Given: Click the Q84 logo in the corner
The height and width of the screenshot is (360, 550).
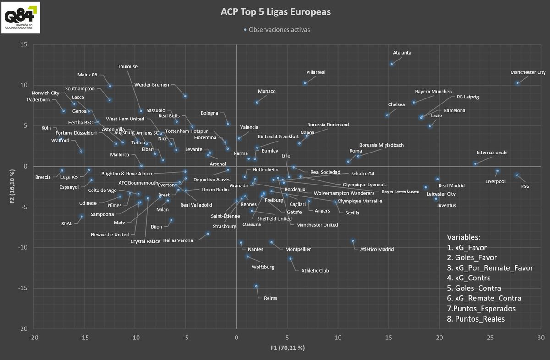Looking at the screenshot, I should [x=20, y=17].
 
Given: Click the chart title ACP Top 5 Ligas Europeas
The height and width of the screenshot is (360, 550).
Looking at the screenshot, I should [x=275, y=12].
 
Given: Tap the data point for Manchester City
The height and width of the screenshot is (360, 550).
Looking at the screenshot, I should [x=517, y=83].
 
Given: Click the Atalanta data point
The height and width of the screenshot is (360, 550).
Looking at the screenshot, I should [x=392, y=64].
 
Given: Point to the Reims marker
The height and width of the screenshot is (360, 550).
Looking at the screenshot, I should [x=256, y=286].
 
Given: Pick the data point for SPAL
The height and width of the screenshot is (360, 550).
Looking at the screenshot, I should [x=82, y=217].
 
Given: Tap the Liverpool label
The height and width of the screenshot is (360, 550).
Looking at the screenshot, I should [x=495, y=181].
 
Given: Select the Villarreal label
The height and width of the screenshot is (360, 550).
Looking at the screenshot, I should [x=316, y=72].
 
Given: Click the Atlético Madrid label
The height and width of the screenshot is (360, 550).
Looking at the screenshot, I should [x=377, y=250].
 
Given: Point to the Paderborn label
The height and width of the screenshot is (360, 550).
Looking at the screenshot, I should [x=38, y=99].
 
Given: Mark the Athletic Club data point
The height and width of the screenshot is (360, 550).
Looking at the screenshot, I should [x=290, y=259].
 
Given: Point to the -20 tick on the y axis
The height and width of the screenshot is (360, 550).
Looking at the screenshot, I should [x=22, y=329].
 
